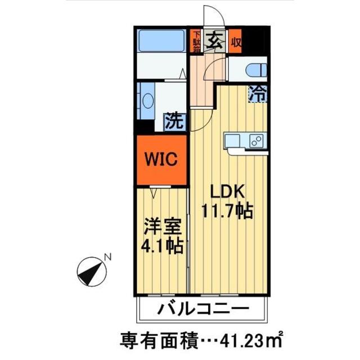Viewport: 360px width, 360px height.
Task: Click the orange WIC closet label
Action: tap(162, 159)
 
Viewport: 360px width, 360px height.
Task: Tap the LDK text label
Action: tap(228, 191)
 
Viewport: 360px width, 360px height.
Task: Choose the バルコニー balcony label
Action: tap(202, 309)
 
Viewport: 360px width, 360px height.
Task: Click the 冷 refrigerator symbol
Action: tap(258, 93)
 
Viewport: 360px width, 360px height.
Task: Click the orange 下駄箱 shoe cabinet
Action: tap(196, 41)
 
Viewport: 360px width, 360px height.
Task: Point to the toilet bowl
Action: tap(255, 70)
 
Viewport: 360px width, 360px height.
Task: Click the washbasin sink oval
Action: tap(147, 101)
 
